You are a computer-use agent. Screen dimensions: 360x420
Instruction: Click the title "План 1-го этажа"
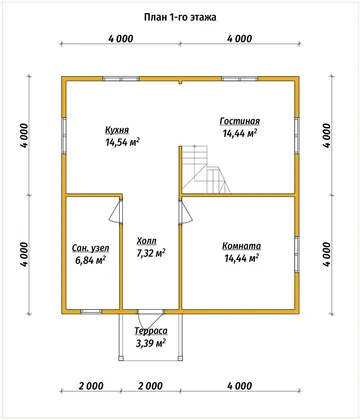coord(180,17)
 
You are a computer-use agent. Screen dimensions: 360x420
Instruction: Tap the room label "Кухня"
coord(117,130)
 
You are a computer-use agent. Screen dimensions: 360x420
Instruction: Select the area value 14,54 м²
coord(122,142)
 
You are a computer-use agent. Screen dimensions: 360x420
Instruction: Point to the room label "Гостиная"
coord(240,121)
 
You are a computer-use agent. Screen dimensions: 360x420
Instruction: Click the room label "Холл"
coord(146,241)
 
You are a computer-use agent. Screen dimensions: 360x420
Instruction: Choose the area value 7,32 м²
coord(151,253)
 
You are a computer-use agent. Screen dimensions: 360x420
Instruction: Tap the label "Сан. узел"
coord(91,248)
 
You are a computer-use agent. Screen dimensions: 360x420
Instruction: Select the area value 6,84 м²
coord(91,260)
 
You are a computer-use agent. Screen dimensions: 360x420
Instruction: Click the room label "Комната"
coord(242,246)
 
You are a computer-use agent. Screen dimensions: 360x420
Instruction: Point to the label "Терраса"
coord(151,331)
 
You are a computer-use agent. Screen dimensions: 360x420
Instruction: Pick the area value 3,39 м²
coord(151,343)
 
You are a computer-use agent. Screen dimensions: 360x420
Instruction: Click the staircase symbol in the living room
coord(206,169)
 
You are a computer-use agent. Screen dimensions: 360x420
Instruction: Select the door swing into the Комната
coord(186,211)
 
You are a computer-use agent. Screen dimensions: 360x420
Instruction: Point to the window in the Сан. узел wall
coord(91,312)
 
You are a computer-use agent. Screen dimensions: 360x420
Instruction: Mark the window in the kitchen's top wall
coord(121,79)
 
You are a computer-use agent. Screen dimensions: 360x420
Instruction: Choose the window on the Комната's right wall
coord(297,255)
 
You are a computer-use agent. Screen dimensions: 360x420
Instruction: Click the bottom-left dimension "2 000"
coord(91,386)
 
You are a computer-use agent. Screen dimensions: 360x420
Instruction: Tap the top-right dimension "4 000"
coord(240,39)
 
